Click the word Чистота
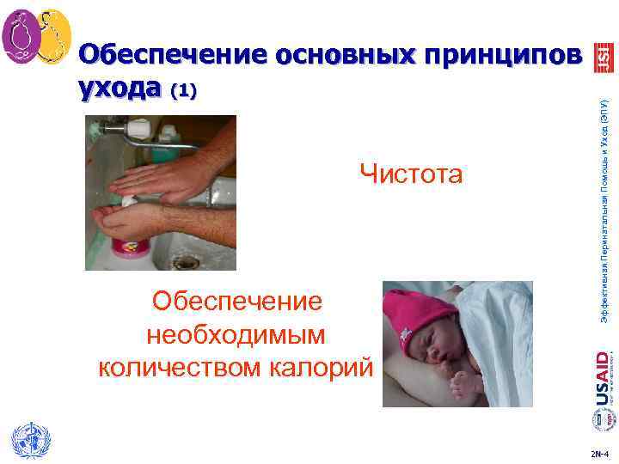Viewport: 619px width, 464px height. tap(411, 174)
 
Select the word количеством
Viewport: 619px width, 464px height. tap(181, 367)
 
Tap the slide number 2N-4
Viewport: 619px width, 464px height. tap(599, 449)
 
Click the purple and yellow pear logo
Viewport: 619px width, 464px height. tap(36, 38)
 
